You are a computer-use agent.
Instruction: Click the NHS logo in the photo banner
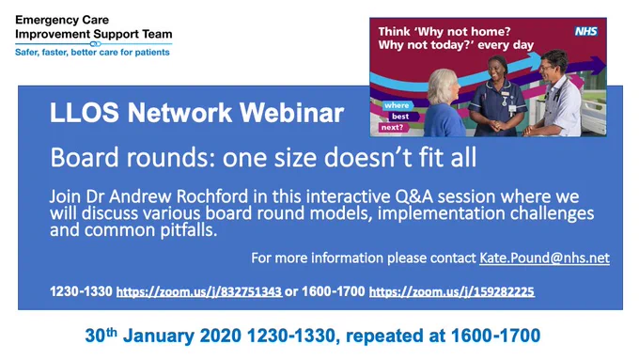pos(585,31)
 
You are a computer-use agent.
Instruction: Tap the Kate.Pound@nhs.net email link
pos(544,258)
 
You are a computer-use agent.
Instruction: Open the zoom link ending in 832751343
pos(199,291)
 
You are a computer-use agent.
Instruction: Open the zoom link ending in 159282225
pos(452,291)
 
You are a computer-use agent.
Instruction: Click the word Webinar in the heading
pos(292,113)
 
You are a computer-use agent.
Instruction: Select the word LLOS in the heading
pos(85,113)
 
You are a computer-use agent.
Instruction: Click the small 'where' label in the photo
pos(397,105)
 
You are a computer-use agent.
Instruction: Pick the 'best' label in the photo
pos(399,117)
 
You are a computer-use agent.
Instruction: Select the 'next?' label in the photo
pos(392,127)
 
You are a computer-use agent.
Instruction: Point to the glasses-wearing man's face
pos(549,68)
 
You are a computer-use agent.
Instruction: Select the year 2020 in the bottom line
pos(221,336)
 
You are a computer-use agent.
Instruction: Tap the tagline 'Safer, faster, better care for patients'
pos(92,53)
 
